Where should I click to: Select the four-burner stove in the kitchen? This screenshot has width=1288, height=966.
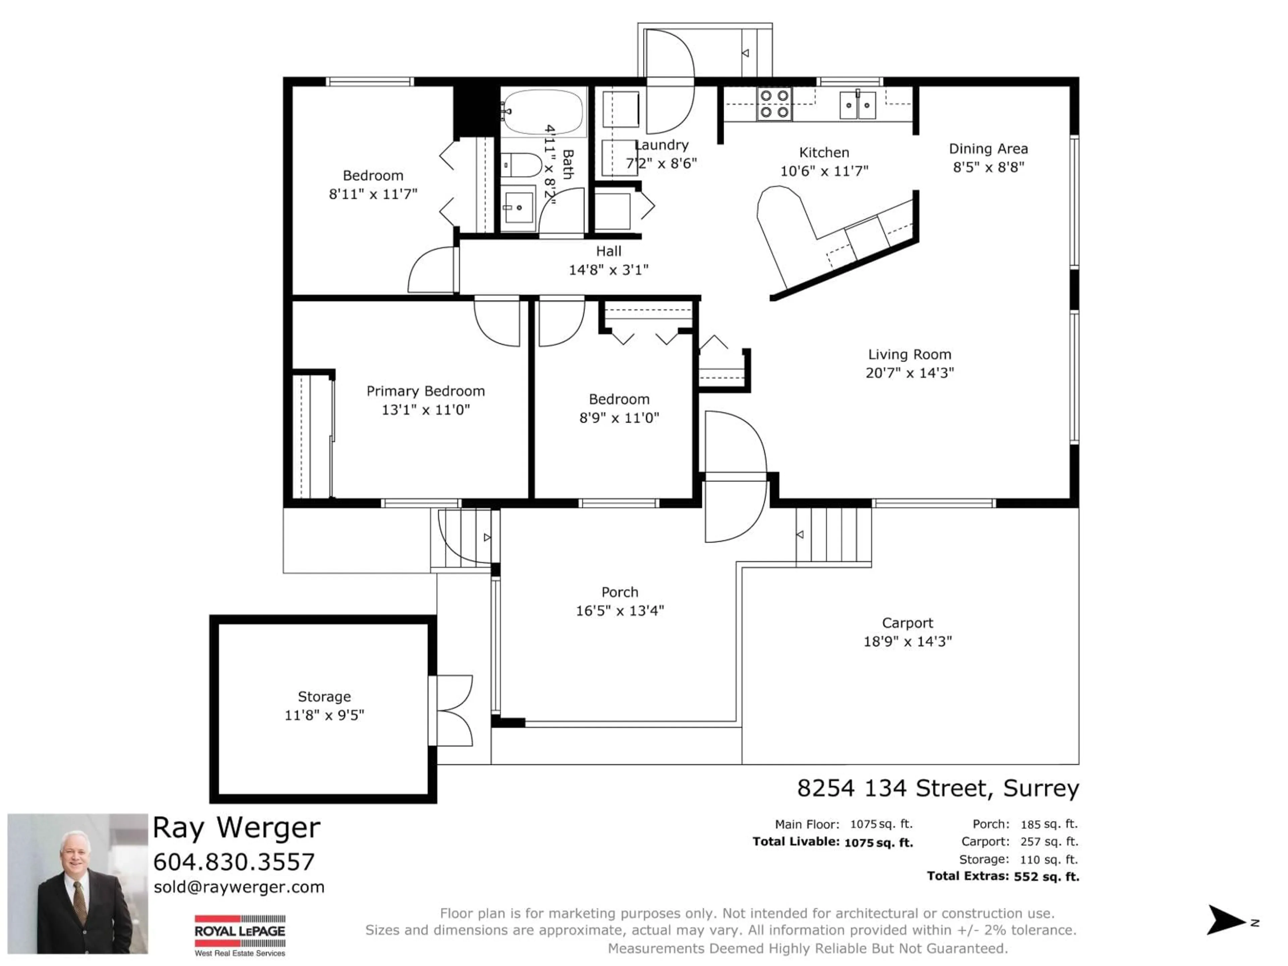pos(774,104)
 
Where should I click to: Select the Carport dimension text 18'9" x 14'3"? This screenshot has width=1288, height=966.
pos(907,641)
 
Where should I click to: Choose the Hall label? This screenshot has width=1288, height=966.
pos(608,252)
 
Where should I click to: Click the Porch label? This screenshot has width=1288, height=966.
pos(620,592)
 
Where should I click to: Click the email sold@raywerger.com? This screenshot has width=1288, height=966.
pos(239,887)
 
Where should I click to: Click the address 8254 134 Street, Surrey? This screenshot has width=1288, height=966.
pos(937,789)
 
